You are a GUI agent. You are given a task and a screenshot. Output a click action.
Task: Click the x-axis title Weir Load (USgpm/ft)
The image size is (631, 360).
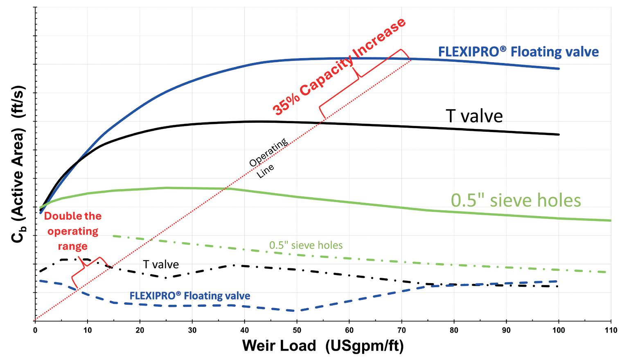[x=323, y=346]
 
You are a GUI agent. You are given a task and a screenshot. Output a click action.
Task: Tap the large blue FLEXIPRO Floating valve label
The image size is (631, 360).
[x=518, y=52]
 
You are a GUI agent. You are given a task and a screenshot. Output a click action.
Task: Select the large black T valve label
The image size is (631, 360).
[x=474, y=116]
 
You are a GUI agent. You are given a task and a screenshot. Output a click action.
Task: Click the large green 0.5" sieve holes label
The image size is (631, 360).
[x=516, y=200]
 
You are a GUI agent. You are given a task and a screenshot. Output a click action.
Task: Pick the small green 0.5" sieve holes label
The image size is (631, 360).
[x=306, y=245]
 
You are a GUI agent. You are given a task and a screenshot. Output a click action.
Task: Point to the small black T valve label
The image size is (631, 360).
[x=161, y=264]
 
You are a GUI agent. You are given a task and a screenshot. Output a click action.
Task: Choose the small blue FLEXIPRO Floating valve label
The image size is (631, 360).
[x=189, y=295]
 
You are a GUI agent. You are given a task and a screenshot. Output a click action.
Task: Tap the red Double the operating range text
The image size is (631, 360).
[x=73, y=231]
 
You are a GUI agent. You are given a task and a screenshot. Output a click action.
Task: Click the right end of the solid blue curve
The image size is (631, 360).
[x=558, y=68]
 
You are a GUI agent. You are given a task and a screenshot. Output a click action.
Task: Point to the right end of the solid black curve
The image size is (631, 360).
[x=558, y=134]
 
